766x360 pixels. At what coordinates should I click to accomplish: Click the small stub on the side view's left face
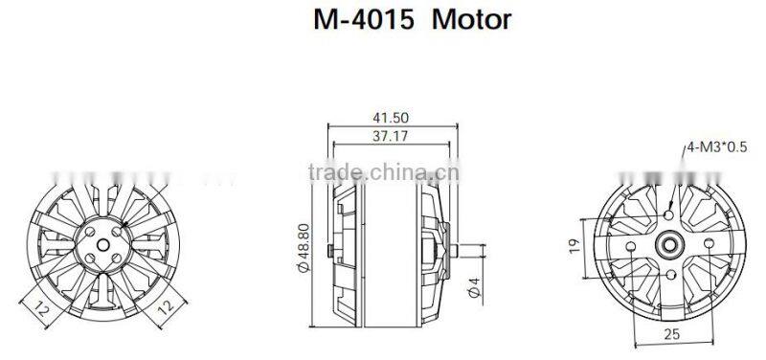click(x=329, y=251)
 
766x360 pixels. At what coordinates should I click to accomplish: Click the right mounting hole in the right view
click(x=707, y=245)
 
